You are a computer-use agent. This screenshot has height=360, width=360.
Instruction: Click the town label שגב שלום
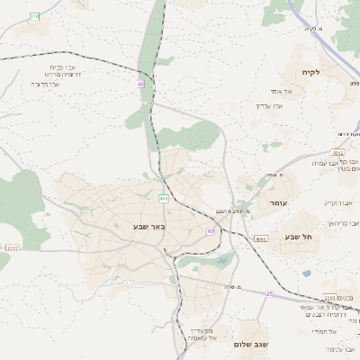click(x=251, y=345)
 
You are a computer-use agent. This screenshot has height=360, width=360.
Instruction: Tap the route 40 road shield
click(x=141, y=84)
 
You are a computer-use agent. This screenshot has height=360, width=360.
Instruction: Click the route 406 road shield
click(x=163, y=198)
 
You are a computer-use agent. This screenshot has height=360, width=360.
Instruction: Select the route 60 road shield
click(x=211, y=231)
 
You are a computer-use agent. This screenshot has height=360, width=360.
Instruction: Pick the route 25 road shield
click(x=268, y=294)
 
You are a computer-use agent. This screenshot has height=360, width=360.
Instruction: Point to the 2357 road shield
click(x=12, y=247)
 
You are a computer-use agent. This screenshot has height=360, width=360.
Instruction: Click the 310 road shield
click(x=34, y=16)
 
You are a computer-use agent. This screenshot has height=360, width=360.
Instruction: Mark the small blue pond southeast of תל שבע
click(x=307, y=273)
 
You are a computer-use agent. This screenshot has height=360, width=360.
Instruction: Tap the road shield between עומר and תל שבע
click(x=260, y=239)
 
